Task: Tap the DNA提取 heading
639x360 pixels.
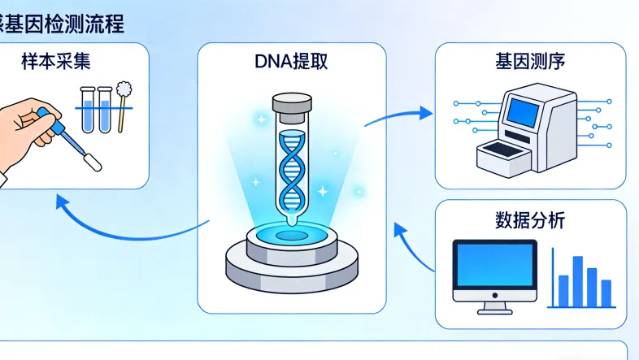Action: (x=291, y=62)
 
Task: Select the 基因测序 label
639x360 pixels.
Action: (x=530, y=62)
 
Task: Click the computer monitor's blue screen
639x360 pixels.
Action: (x=494, y=270)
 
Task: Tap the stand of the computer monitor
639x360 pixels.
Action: (x=494, y=308)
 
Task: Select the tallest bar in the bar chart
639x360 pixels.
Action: (x=577, y=280)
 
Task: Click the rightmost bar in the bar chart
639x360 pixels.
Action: (x=606, y=291)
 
